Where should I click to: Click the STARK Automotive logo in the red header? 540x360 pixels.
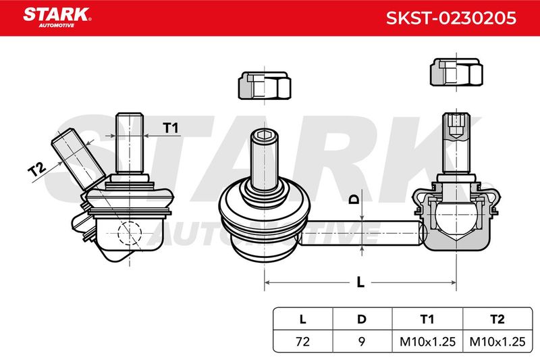point(57,17)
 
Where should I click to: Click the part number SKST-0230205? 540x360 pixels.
point(451,18)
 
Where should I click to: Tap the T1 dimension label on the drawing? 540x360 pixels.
point(171,128)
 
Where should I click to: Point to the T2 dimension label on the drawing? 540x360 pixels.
point(38,169)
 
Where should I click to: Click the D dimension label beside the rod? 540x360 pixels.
point(354,199)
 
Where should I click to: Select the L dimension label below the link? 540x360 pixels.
point(360,282)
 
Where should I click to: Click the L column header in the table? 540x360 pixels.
point(302,319)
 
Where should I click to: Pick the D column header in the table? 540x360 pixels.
point(362,319)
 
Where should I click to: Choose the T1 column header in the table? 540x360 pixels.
point(427,319)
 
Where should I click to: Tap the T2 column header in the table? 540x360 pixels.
point(497,319)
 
